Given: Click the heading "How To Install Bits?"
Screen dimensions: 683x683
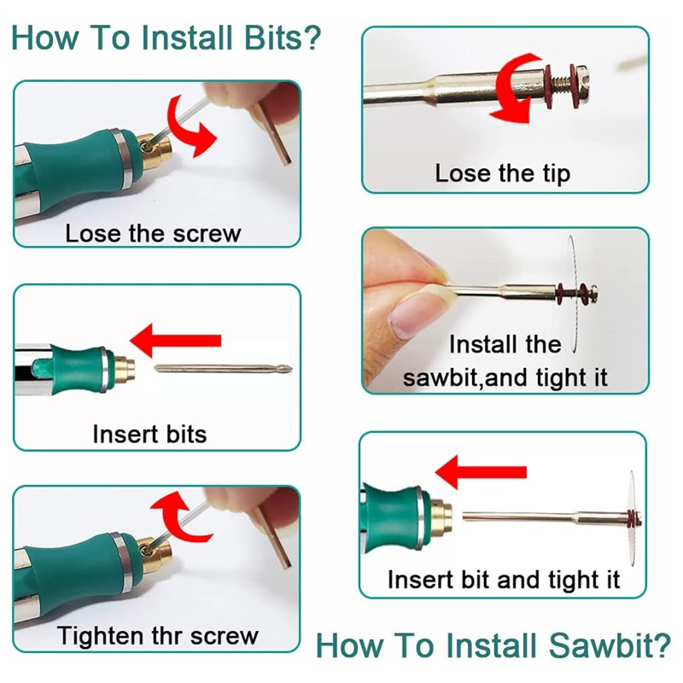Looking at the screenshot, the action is click(x=166, y=38).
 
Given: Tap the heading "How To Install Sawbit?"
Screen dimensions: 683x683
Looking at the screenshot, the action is click(x=493, y=645).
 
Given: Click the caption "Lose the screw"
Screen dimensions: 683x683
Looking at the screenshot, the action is click(x=153, y=233).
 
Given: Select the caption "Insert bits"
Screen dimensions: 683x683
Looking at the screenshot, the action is click(x=149, y=435).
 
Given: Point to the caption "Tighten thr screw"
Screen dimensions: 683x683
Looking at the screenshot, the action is click(x=158, y=635).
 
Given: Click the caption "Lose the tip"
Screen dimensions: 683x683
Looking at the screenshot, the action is click(x=503, y=174).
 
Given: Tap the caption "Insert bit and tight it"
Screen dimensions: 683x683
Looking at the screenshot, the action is click(x=504, y=581).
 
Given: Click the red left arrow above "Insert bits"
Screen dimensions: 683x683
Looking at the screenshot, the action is click(x=176, y=341).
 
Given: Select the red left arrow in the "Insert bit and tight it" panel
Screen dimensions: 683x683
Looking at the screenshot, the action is click(x=481, y=472).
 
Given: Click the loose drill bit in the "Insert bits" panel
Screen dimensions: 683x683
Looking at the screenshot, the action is click(x=224, y=369).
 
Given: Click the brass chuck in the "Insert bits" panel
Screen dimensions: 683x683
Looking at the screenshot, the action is click(x=124, y=371).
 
